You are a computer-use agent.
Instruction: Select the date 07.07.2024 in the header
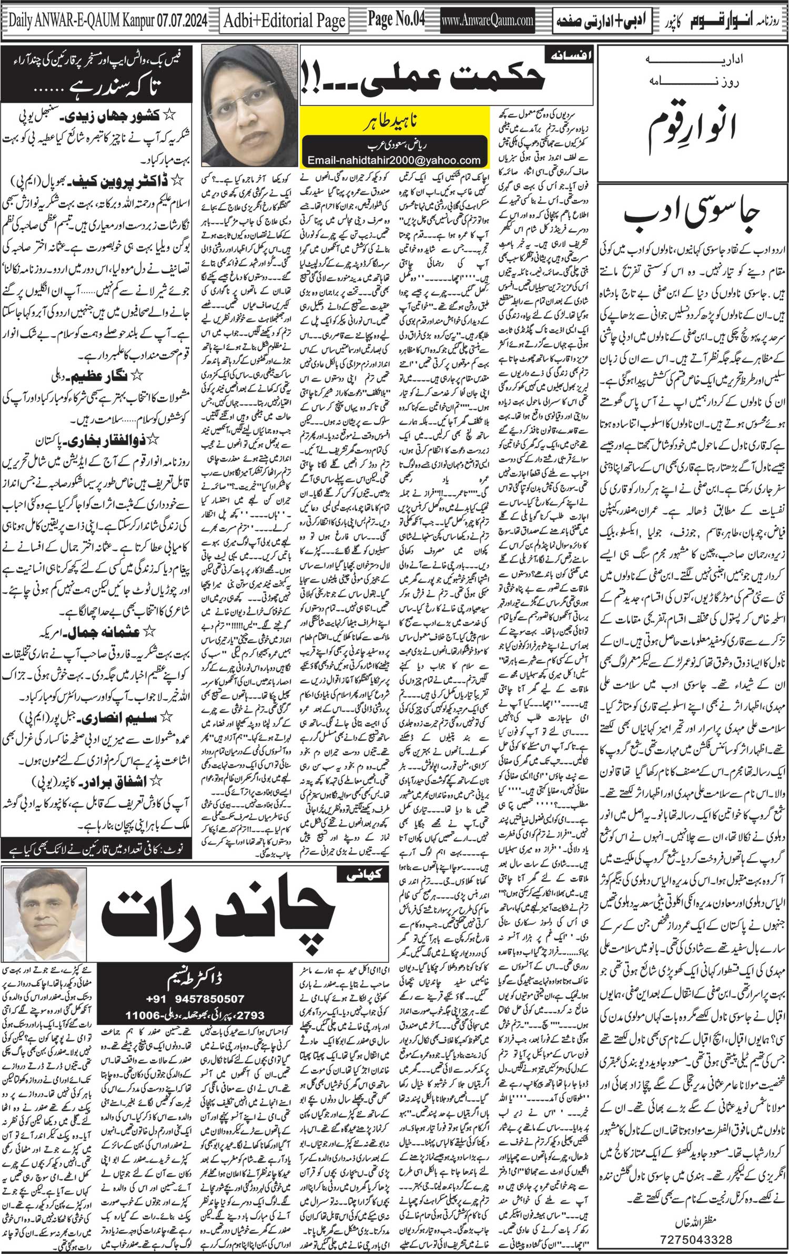click(180, 21)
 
